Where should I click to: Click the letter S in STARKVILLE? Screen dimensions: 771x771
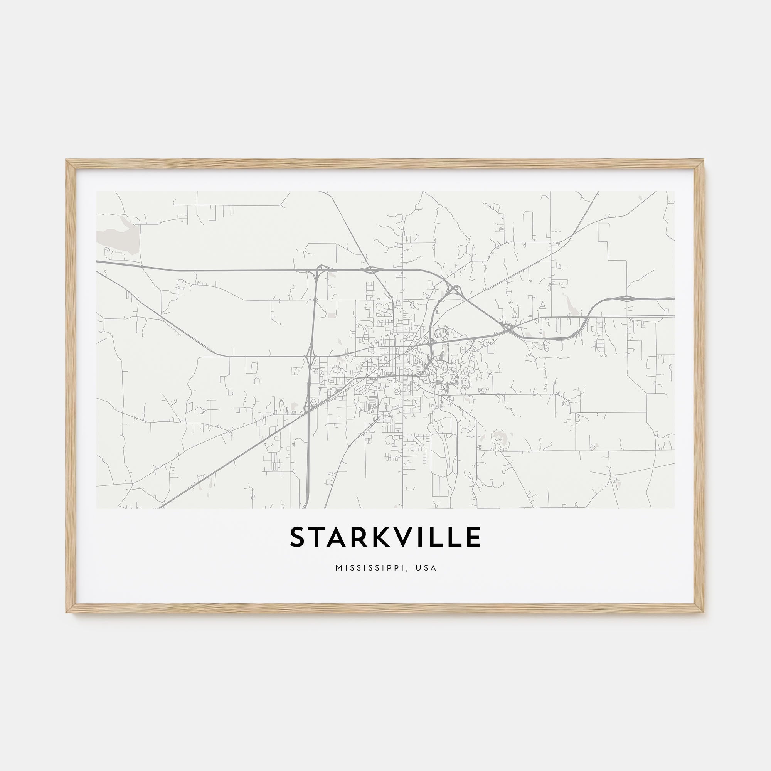tap(298, 537)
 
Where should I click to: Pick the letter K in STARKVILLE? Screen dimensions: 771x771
tap(383, 537)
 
